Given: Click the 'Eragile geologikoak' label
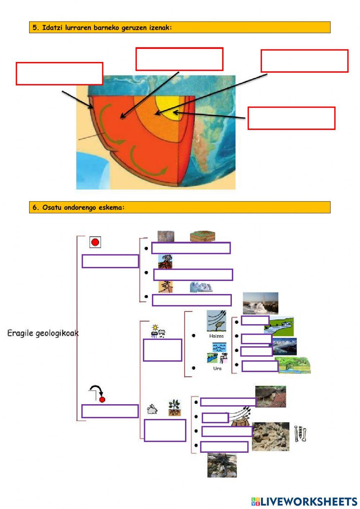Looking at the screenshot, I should tap(43, 333).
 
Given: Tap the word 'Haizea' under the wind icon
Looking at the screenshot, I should tap(216, 336).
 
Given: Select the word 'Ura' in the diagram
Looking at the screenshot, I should tap(217, 369).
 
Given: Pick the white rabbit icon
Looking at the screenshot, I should tap(152, 409).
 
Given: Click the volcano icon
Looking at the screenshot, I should tap(165, 262).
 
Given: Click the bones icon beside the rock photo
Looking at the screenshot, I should tap(300, 434).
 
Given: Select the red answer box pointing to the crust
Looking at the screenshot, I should tap(59, 74).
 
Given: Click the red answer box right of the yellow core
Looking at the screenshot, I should tap(291, 118).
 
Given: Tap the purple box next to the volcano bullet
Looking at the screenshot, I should tap(193, 275).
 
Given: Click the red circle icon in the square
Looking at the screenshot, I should tap(95, 242).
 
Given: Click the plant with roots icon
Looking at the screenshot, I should tap(174, 408).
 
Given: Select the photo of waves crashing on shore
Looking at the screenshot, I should tap(260, 303).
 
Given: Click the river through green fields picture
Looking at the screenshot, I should tap(279, 326).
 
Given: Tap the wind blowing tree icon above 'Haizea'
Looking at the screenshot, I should tap(216, 321).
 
